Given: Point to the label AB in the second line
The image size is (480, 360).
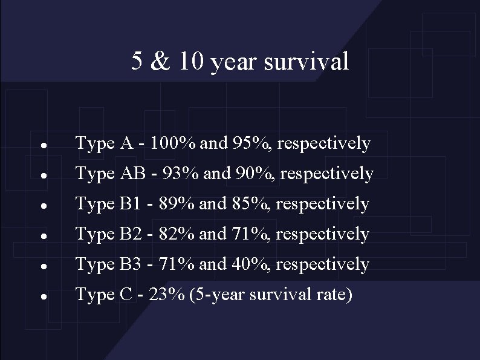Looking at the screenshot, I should click(x=131, y=174).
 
